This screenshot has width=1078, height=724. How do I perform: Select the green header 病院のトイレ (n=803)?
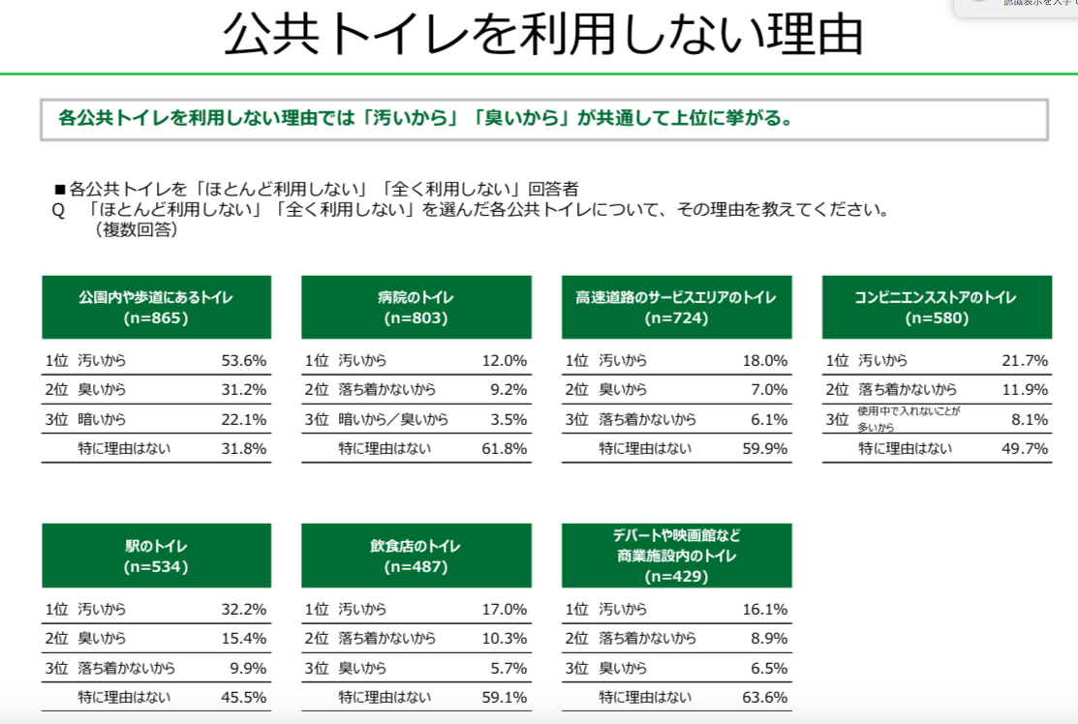point(416,307)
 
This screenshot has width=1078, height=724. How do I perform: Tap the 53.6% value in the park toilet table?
point(243,361)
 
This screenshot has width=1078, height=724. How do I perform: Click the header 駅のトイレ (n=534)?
point(156,556)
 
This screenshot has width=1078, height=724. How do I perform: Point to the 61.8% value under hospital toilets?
point(504,448)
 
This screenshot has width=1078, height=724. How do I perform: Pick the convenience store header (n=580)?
point(936,307)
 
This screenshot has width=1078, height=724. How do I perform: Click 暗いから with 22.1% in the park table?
point(102,419)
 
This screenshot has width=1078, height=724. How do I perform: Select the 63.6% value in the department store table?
point(764,697)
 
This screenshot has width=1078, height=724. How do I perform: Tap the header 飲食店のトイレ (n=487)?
point(416,556)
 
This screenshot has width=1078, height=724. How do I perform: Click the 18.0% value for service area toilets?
point(764,361)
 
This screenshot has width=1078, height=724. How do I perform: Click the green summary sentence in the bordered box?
point(426,119)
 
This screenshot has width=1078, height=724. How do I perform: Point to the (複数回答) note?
point(137,230)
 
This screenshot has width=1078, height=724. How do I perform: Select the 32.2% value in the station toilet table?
point(243,610)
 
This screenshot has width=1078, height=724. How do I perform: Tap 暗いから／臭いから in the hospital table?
point(393,419)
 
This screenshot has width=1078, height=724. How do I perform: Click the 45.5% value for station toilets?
point(243,697)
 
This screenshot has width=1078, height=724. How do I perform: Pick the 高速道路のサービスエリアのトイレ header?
point(676,307)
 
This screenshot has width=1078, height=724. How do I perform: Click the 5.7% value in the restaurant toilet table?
point(508,668)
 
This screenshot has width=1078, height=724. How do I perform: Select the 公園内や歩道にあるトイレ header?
point(156,307)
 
